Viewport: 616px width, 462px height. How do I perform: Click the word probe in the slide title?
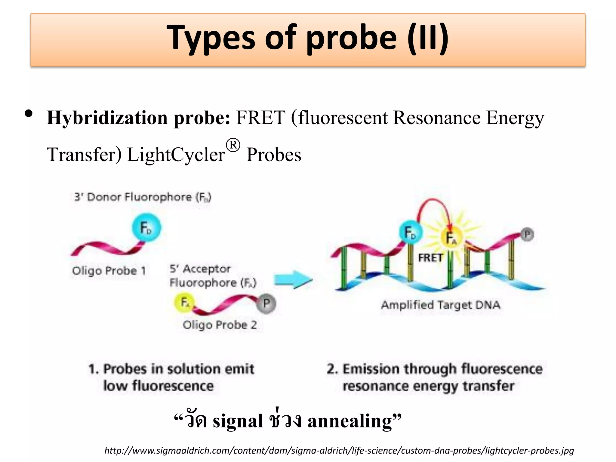(352, 38)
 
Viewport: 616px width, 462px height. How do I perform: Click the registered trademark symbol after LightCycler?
(233, 146)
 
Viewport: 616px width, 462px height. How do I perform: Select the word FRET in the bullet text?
(260, 118)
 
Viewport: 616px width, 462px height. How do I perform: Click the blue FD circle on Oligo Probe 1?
(146, 228)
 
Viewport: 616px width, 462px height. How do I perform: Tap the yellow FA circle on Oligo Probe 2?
(184, 303)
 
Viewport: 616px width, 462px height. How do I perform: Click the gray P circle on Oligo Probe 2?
(266, 304)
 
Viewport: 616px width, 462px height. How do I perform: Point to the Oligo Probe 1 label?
(109, 271)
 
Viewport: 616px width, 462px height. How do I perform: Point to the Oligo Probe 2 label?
(220, 325)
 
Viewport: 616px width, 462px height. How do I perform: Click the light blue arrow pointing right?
(293, 280)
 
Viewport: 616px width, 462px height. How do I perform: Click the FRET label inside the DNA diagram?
(430, 258)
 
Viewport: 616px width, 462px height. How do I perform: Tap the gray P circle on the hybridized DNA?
(527, 235)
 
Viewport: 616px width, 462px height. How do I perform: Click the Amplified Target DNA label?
(441, 305)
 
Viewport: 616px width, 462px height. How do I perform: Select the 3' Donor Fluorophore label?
(143, 197)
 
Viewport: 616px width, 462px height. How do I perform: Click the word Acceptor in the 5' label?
(207, 269)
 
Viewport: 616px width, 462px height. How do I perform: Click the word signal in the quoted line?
(238, 421)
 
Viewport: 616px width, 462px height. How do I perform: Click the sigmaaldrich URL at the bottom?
(339, 451)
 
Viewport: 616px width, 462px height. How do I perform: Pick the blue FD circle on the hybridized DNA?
(411, 233)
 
